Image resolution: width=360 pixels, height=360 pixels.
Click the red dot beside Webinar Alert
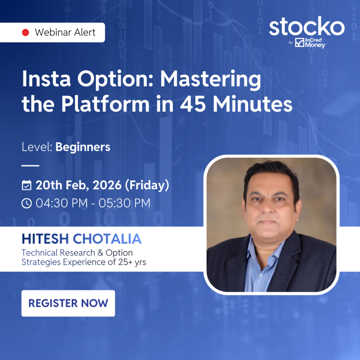click(25, 32)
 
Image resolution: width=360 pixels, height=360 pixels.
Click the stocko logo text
click(307, 26)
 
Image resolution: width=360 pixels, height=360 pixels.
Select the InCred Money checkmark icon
click(300, 43)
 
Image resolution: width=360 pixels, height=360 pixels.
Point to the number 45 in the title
click(193, 104)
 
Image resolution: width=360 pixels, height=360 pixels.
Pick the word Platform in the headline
click(105, 104)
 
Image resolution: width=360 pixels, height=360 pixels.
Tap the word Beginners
click(83, 147)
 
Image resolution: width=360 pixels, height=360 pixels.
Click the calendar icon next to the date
click(27, 185)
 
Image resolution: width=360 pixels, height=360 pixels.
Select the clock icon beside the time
click(27, 203)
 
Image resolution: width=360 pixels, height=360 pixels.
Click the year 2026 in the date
click(107, 185)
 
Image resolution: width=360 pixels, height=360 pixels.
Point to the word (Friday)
click(147, 185)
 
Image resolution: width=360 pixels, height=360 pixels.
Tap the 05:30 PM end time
click(124, 203)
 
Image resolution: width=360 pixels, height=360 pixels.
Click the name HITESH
click(45, 239)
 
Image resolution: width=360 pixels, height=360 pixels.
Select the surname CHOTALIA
click(107, 239)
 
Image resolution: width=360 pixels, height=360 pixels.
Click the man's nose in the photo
click(268, 207)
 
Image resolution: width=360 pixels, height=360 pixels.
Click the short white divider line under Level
click(30, 165)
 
